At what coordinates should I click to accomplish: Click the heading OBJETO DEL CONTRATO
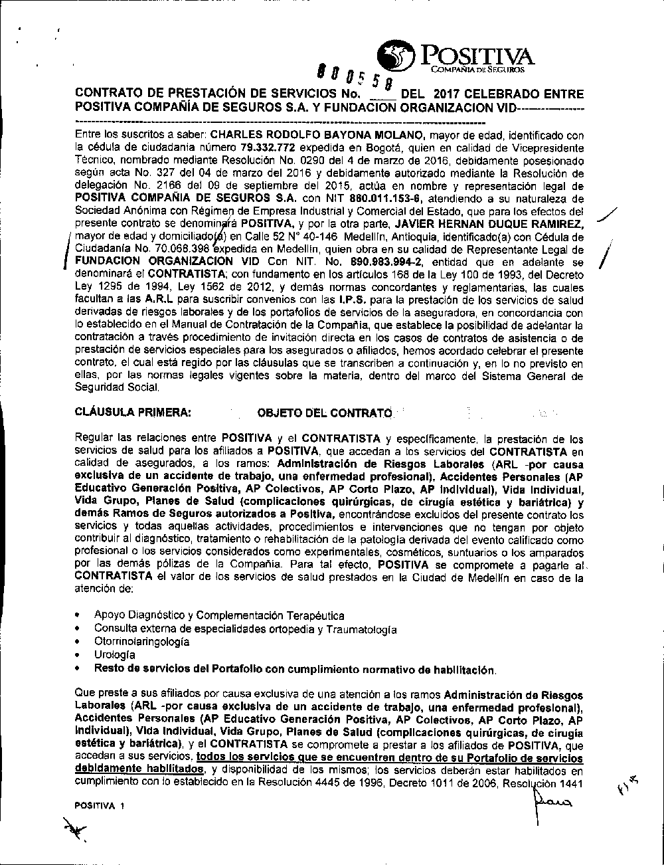324,413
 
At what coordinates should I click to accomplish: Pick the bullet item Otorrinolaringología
141,642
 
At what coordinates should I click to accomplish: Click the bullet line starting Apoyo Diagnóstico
218,615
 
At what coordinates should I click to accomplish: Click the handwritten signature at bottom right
549,806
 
